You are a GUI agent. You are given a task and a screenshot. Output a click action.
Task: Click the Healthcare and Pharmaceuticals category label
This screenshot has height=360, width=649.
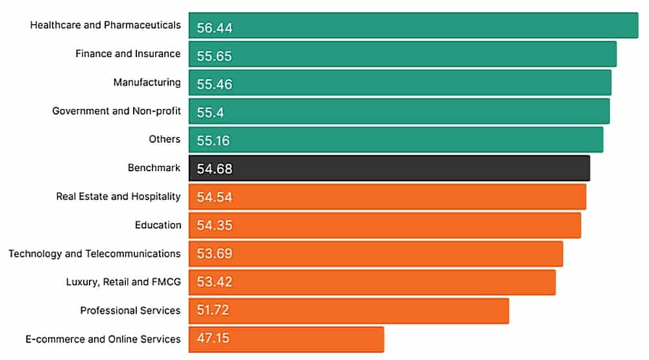(105, 25)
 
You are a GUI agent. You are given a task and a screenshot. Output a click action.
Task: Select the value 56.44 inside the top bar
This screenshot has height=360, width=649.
(214, 28)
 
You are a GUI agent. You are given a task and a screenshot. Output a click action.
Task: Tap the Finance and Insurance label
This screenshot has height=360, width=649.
(127, 53)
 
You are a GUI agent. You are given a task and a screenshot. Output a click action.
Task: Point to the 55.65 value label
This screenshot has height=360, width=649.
(214, 56)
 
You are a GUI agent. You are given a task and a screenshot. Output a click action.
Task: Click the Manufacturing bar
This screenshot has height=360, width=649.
(400, 82)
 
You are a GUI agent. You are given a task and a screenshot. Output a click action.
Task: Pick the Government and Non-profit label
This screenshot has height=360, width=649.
(116, 110)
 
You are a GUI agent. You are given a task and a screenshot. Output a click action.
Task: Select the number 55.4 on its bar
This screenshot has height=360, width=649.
(210, 112)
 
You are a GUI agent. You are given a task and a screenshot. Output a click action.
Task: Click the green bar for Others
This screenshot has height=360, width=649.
(396, 139)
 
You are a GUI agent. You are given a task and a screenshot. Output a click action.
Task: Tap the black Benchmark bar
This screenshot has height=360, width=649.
(389, 168)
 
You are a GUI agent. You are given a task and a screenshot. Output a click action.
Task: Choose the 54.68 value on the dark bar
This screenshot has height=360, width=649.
(214, 169)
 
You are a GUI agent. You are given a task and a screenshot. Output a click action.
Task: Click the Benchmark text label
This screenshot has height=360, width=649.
(154, 167)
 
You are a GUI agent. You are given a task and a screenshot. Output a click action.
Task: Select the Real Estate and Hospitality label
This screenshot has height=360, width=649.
(118, 196)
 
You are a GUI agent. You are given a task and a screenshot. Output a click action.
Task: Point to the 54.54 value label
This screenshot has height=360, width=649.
(214, 197)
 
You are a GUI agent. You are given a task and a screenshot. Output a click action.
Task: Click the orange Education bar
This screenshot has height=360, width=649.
(385, 225)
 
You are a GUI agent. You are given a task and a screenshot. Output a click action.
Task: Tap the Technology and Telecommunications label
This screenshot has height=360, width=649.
(94, 253)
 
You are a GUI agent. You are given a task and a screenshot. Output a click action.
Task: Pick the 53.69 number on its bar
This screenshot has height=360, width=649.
(214, 253)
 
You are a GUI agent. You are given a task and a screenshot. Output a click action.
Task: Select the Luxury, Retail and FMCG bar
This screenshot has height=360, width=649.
(372, 282)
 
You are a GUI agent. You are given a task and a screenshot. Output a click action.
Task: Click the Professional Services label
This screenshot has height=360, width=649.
(130, 310)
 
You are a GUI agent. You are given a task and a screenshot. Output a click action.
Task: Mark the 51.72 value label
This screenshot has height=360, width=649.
(213, 310)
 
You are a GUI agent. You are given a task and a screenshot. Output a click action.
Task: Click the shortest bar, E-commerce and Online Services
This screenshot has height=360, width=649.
(286, 339)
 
